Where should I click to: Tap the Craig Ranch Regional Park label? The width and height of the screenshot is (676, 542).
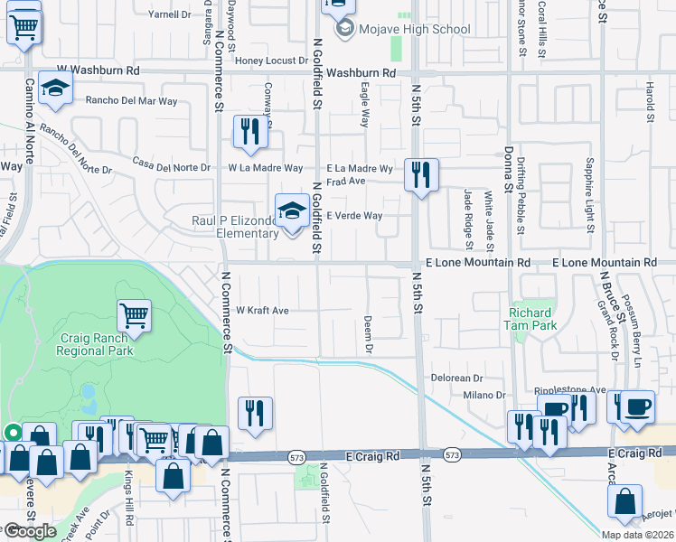pos(97,343)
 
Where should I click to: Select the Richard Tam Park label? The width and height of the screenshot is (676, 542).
pos(530,318)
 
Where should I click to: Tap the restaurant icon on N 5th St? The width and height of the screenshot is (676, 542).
pos(421,174)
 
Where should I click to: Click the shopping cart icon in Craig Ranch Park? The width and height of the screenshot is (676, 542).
pos(134,315)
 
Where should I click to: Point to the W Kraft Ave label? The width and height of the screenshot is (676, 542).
pos(262,311)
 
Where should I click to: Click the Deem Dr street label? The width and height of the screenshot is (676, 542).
pos(369,333)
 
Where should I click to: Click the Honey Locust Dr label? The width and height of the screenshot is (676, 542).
pos(272,61)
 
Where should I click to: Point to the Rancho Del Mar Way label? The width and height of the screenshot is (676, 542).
pos(131,100)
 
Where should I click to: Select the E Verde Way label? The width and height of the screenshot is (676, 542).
pos(354,216)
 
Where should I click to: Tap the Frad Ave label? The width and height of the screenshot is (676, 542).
pos(344,181)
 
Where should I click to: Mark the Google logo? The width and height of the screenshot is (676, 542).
pos(30,531)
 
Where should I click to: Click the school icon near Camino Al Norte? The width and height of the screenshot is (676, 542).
pos(56,89)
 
